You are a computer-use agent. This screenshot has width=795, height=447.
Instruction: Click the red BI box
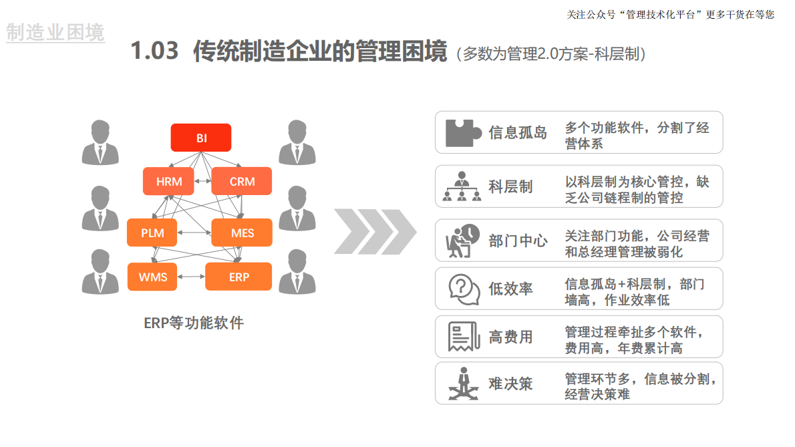click(201, 138)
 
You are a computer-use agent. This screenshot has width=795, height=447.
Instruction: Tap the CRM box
click(242, 181)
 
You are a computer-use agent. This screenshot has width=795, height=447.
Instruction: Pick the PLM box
click(152, 233)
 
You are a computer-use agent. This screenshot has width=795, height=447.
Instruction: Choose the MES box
click(242, 233)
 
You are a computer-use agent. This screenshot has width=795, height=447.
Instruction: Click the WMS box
click(152, 277)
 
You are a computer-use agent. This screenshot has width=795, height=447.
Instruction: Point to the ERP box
click(238, 277)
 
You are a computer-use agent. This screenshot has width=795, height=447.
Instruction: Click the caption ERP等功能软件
click(194, 323)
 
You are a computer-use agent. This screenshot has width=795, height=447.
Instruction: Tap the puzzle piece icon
click(463, 132)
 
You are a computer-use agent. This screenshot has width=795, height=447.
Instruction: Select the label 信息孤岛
click(518, 132)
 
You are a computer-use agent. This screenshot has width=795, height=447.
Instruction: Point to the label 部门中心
click(518, 241)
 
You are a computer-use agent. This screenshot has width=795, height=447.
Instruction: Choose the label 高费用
click(510, 337)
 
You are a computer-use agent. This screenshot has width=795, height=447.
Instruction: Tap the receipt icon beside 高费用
click(462, 337)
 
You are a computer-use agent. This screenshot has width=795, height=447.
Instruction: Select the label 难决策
click(510, 384)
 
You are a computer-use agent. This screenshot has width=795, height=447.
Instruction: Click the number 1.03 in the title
click(154, 51)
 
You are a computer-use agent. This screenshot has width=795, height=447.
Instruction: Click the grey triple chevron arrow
click(374, 232)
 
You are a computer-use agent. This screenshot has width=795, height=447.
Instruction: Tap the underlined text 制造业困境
click(55, 32)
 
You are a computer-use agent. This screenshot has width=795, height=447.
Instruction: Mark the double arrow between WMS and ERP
click(191, 277)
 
